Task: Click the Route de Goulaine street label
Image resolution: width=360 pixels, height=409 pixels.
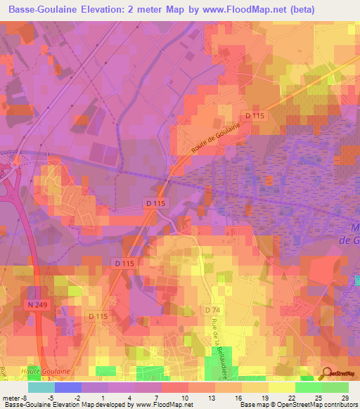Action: (214, 138)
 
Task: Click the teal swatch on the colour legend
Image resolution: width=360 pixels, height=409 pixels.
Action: (41, 387)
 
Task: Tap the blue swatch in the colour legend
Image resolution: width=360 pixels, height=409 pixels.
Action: (68, 387)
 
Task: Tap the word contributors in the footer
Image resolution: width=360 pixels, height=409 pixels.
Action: (337, 405)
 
